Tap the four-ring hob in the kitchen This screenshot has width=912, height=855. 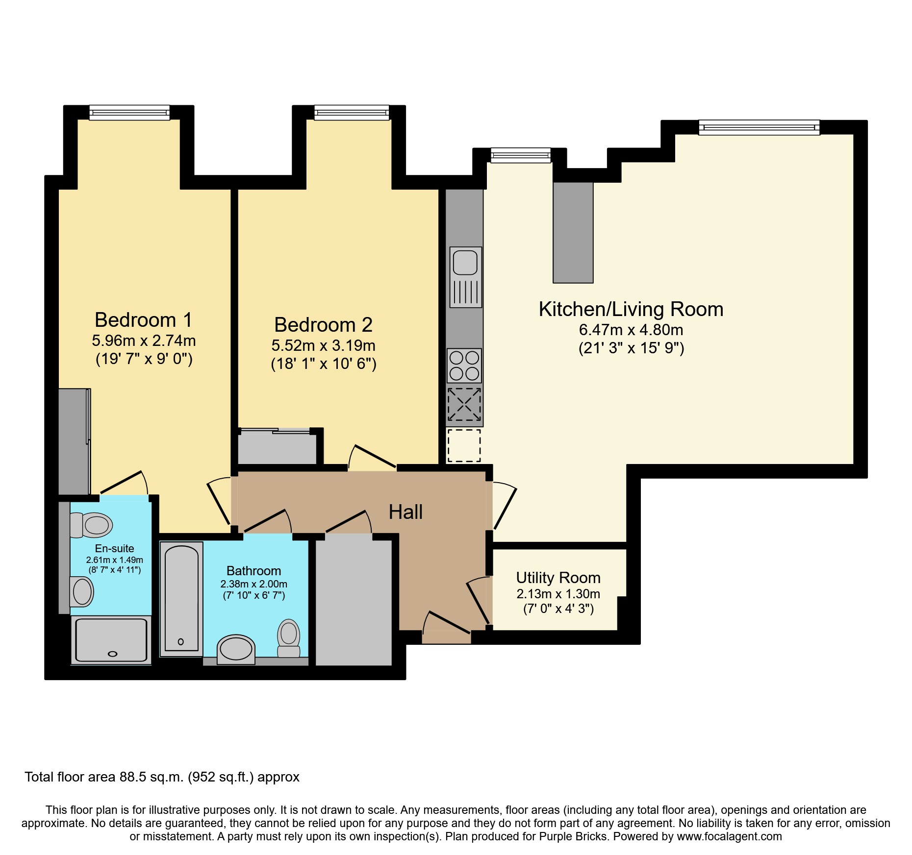coord(464,366)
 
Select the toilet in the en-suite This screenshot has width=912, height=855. coord(91,525)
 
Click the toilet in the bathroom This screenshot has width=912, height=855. coord(289,637)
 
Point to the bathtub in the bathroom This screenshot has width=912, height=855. coord(181,598)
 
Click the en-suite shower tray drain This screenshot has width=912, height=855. coord(113,654)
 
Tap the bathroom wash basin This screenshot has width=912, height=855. coord(236,649)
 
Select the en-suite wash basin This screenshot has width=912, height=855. coord(82,592)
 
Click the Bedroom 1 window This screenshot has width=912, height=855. coord(129,113)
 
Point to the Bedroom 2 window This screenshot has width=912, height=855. coord(352,113)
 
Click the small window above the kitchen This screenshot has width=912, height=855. coord(521,156)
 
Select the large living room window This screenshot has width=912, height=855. coord(759,128)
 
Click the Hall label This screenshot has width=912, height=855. coord(405,512)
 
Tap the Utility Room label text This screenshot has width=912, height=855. coord(558,578)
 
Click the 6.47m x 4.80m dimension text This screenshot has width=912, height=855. coord(631,330)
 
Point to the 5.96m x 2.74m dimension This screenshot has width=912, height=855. coord(144,340)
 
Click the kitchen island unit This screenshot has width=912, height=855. coord(573,232)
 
